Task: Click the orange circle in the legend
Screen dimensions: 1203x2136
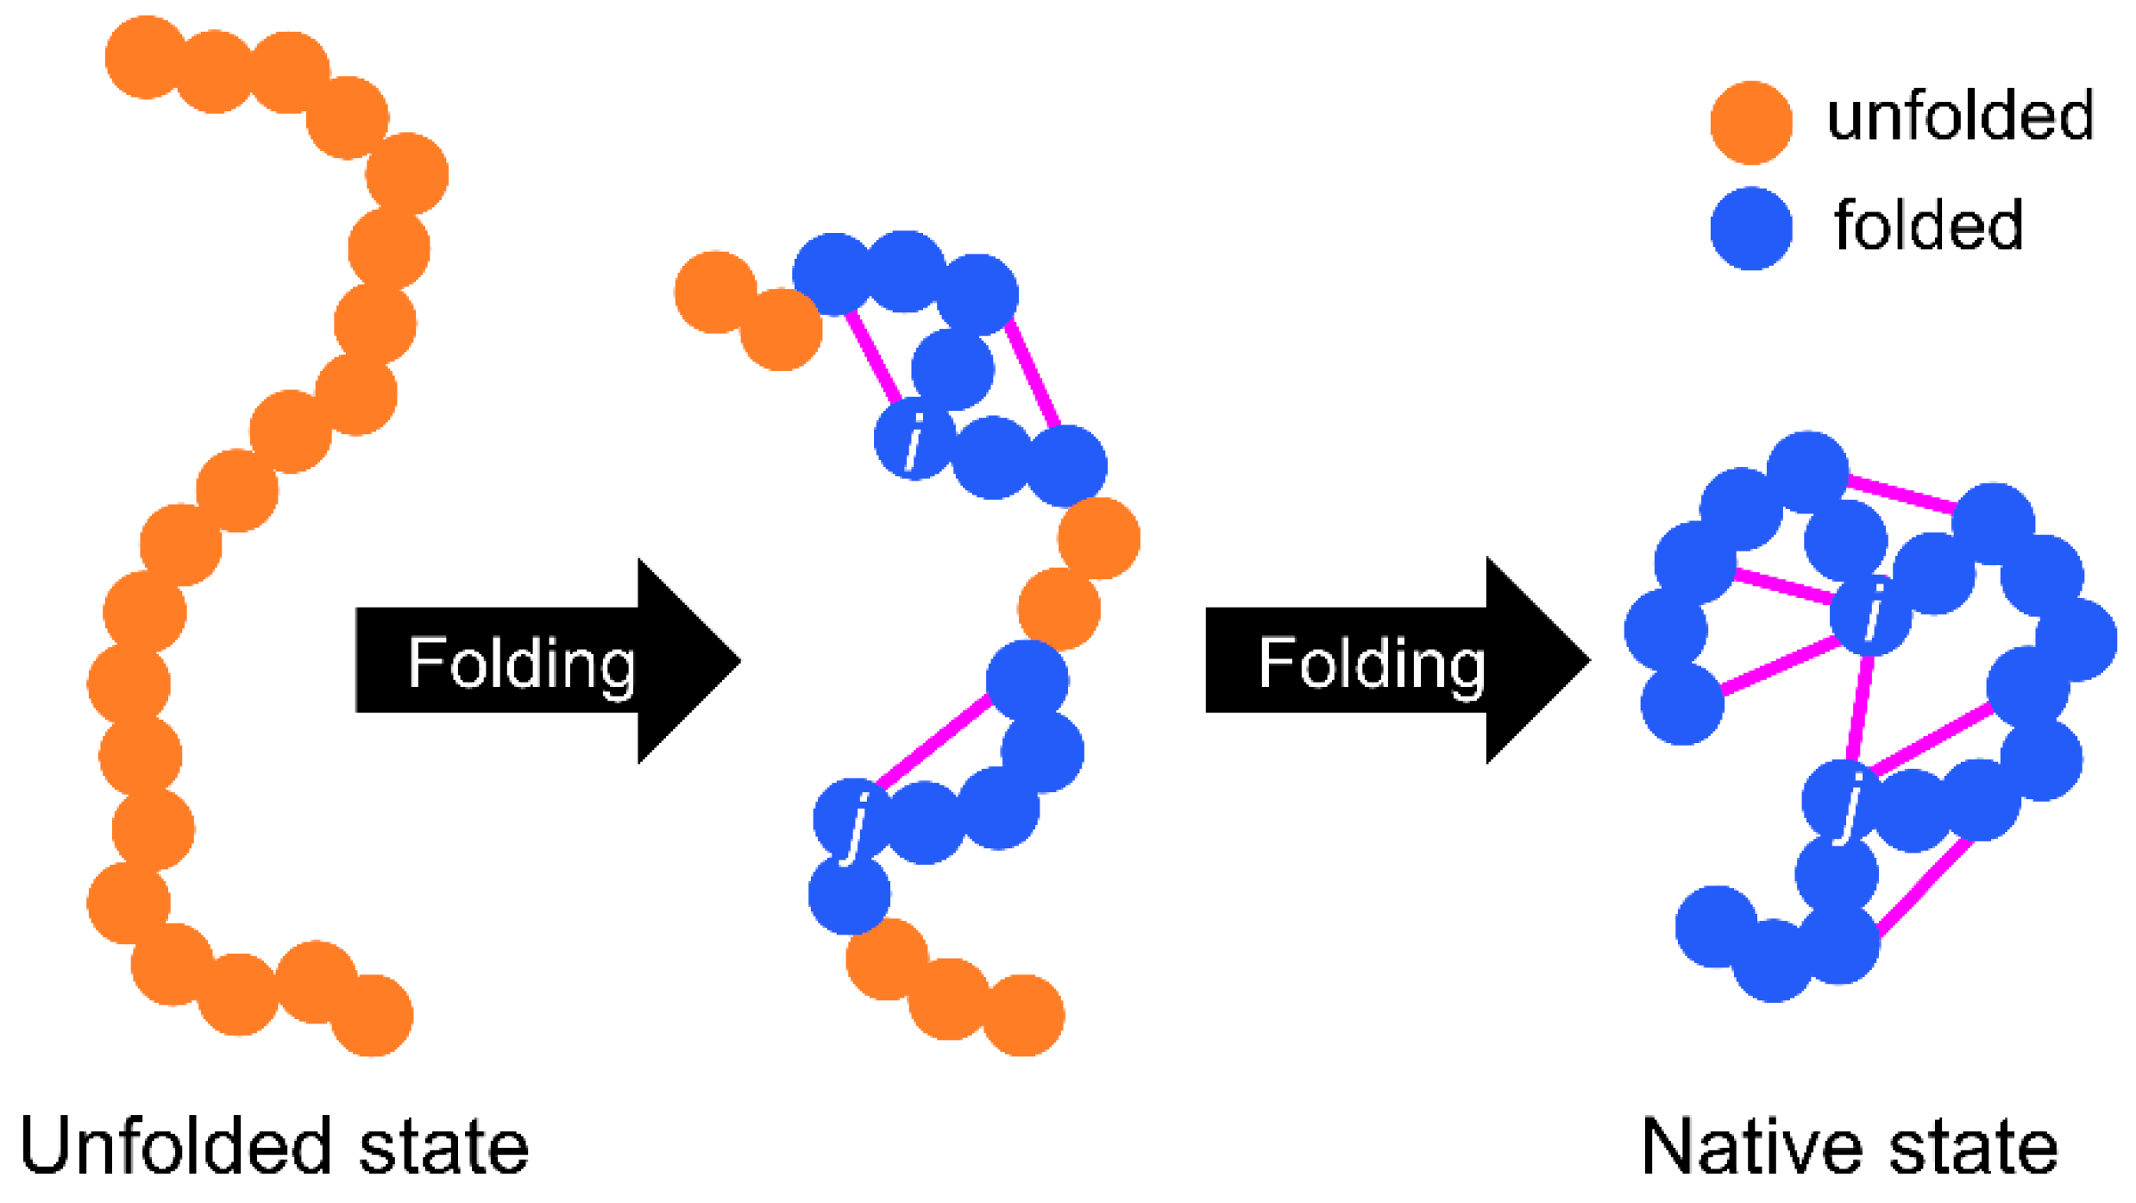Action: [x=1750, y=123]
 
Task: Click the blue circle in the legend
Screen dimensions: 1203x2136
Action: [x=1750, y=229]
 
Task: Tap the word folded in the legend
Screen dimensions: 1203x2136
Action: [x=1928, y=225]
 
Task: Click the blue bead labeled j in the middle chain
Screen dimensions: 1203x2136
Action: [x=854, y=818]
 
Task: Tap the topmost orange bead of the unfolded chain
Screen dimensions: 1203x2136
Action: [x=146, y=57]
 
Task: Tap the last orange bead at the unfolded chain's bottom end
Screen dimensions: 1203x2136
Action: [x=372, y=1016]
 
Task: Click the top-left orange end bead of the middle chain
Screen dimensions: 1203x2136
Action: [x=715, y=292]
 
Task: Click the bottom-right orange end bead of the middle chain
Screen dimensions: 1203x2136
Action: [x=1023, y=1016]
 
